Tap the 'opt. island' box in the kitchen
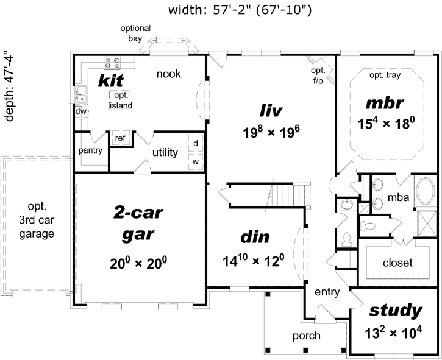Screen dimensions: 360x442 [x=121, y=101]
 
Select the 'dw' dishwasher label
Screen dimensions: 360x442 [x=80, y=111]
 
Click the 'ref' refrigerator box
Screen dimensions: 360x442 [x=120, y=139]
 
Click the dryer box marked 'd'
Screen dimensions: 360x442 [x=196, y=143]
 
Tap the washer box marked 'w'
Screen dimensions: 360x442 [x=196, y=161]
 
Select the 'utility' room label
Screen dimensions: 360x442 [x=165, y=152]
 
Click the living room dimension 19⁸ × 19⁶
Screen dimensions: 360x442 [x=270, y=132]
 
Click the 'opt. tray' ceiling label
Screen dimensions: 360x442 [x=385, y=76]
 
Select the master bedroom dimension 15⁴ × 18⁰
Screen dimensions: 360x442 [x=386, y=122]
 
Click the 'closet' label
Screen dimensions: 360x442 [x=397, y=263]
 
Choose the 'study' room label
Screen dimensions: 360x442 [x=396, y=311]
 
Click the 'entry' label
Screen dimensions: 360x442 [x=327, y=292]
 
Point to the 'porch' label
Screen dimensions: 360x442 [x=305, y=336]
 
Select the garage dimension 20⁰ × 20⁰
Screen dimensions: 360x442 [x=138, y=263]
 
